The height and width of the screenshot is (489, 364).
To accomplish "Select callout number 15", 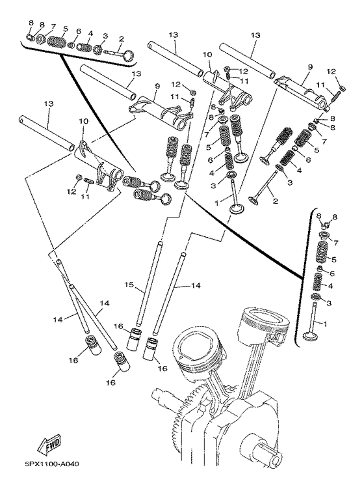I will point(129,285).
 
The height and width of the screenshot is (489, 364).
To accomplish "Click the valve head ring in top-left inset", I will point(128,57).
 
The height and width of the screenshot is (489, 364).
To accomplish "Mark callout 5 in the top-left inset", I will point(64,30).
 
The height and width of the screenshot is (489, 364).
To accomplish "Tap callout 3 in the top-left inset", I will point(105,36).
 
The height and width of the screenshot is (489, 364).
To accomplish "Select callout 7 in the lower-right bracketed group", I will point(336,242).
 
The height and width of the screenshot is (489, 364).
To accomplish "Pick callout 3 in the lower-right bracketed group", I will point(328,303).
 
